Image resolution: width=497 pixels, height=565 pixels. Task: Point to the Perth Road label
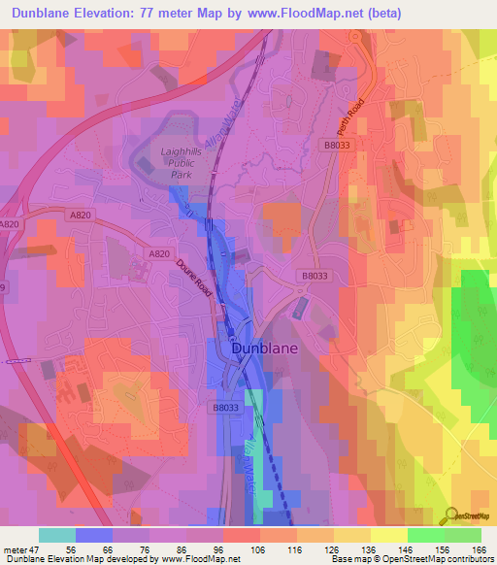click(349, 116)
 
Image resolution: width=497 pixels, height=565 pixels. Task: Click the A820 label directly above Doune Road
click(160, 252)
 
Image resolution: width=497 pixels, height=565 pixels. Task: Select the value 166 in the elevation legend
click(480, 548)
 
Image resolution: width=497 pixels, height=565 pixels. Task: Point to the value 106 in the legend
click(258, 548)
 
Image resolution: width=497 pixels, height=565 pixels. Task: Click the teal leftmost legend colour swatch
click(57, 535)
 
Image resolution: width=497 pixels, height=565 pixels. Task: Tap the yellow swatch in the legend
click(388, 535)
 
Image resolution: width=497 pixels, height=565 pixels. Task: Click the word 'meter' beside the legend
click(13, 548)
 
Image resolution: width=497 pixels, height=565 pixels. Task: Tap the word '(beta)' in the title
click(381, 14)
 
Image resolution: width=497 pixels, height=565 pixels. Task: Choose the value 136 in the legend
click(370, 548)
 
